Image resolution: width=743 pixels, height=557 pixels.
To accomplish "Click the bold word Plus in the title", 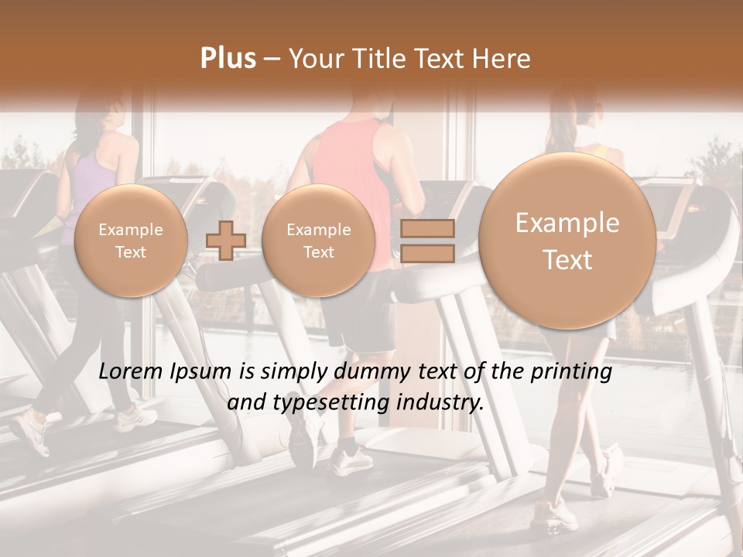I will (228, 59).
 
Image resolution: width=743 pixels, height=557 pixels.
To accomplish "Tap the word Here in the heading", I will (502, 59).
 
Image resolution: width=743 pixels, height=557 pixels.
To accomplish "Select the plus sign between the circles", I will (226, 240).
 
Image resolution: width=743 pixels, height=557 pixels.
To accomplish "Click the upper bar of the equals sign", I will (427, 228).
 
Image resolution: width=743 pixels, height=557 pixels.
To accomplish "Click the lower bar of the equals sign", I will (427, 253).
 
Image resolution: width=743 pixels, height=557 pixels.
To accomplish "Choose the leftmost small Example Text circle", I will (131, 241).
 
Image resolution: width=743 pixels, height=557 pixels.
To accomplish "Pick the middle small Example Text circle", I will (318, 241).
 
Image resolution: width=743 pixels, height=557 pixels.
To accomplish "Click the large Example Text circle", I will (567, 241).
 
